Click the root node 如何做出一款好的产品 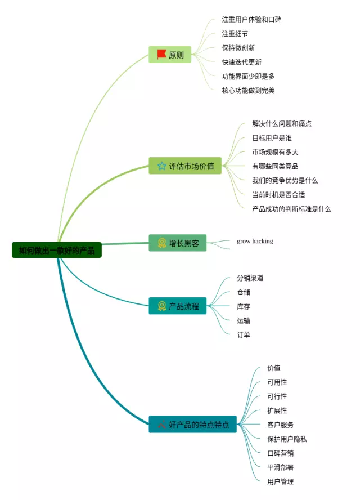[x=56, y=250]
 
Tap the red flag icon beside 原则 [x=161, y=54]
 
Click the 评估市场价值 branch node [x=186, y=166]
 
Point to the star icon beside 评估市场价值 [x=161, y=166]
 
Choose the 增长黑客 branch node [x=178, y=243]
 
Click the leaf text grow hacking [x=255, y=241]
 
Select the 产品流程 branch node [x=178, y=306]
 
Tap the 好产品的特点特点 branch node [x=192, y=425]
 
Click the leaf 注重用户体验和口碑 [x=251, y=20]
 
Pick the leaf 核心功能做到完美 [x=248, y=90]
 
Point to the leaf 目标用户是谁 [x=272, y=138]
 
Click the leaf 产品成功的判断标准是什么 [x=291, y=209]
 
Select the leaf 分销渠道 [x=250, y=278]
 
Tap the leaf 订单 [x=244, y=334]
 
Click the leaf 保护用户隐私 [x=287, y=439]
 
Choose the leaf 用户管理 [x=280, y=481]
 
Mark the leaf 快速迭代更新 [x=241, y=62]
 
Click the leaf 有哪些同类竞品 [x=275, y=166]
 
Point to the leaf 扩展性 [x=277, y=410]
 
